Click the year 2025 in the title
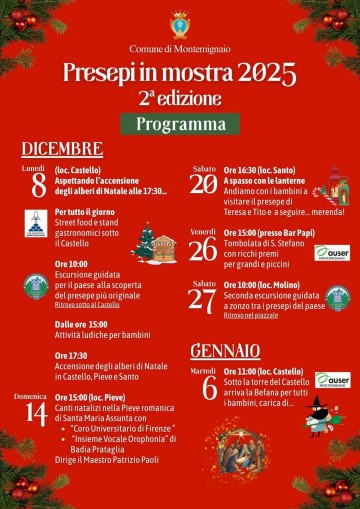coord(267,73)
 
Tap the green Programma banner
coord(180,124)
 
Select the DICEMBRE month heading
coord(62,149)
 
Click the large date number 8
coord(38,186)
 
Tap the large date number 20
coord(203,183)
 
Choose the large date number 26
coord(203,248)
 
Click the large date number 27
coord(203,301)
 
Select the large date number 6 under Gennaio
coord(209,388)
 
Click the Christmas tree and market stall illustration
coord(155,243)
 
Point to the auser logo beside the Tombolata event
coord(332,253)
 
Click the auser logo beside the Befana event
coord(332,380)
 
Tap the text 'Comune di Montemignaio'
coord(180,48)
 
